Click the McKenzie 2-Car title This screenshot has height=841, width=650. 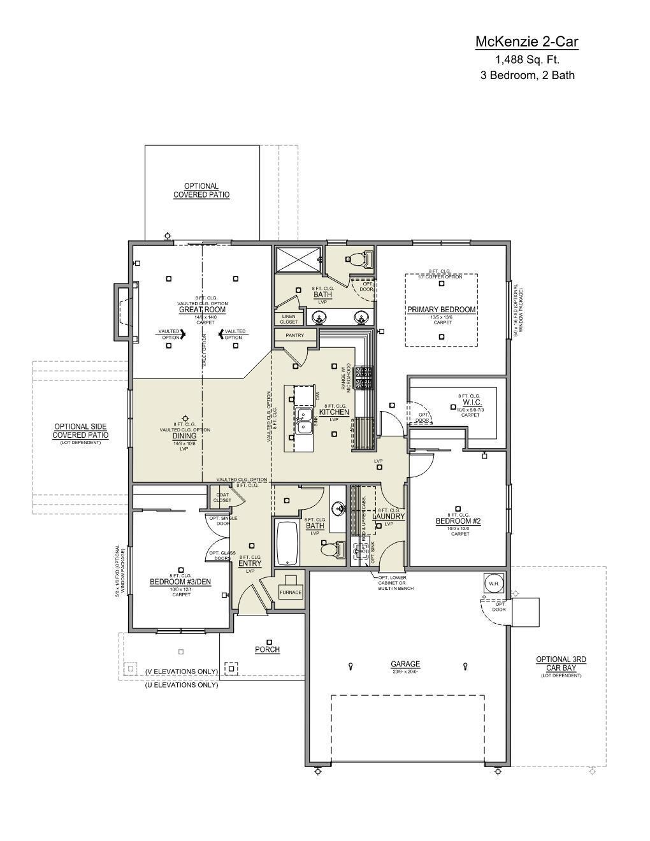coord(527,42)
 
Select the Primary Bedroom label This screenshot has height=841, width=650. coord(442,310)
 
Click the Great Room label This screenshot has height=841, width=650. coord(202,310)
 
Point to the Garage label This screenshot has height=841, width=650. coord(405,665)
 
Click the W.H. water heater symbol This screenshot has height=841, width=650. coord(493,583)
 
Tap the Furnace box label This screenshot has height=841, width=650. coord(291,592)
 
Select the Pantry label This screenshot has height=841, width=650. coord(294,335)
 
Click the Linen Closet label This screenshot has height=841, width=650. coord(289,319)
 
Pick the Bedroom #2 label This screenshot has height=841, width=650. coord(458,521)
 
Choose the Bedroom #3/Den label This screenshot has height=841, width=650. coord(180,582)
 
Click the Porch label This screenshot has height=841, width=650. coord(268,649)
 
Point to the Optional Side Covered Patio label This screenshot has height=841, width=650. coord(80,431)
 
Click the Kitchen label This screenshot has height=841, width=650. coord(334,412)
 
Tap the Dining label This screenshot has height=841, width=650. coord(184,436)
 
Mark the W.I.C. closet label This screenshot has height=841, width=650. coord(472,403)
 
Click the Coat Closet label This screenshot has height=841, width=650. coord(222,497)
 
